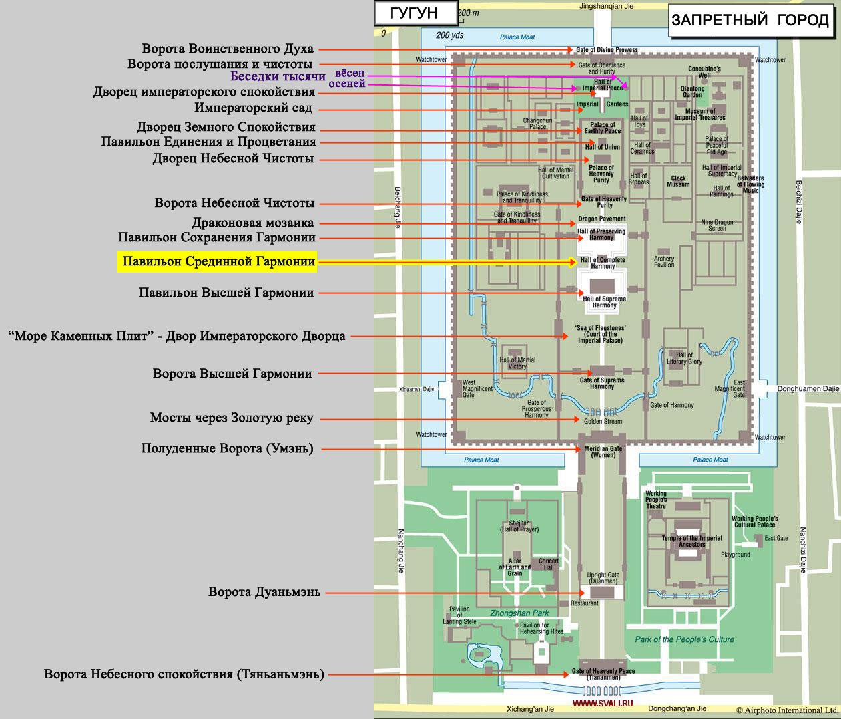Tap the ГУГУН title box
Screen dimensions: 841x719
[x=416, y=13]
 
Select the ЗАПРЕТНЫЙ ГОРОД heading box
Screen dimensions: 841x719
[x=751, y=20]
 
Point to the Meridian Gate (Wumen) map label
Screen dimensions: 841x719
[x=603, y=452]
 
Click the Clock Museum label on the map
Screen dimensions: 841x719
[x=678, y=181]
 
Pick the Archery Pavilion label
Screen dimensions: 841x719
[x=664, y=261]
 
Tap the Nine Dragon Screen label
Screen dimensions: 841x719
[x=717, y=225]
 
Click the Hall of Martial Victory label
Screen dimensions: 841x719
[x=517, y=363]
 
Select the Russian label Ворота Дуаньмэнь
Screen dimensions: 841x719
[x=264, y=592]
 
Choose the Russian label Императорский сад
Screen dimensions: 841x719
[x=253, y=108]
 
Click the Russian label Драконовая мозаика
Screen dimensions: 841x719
[x=253, y=223]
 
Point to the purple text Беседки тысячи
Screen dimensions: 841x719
[x=278, y=76]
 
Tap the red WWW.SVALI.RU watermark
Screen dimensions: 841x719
[x=603, y=704]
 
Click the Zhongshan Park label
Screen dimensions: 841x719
[x=519, y=613]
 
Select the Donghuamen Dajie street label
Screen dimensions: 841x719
[x=808, y=389]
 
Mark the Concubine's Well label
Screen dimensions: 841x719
[x=704, y=72]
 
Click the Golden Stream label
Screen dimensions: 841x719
[x=603, y=421]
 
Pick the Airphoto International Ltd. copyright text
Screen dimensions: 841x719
[x=788, y=710]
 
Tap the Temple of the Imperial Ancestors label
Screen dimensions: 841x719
[x=691, y=541]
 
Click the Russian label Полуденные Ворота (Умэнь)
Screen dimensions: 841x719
[x=227, y=448]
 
